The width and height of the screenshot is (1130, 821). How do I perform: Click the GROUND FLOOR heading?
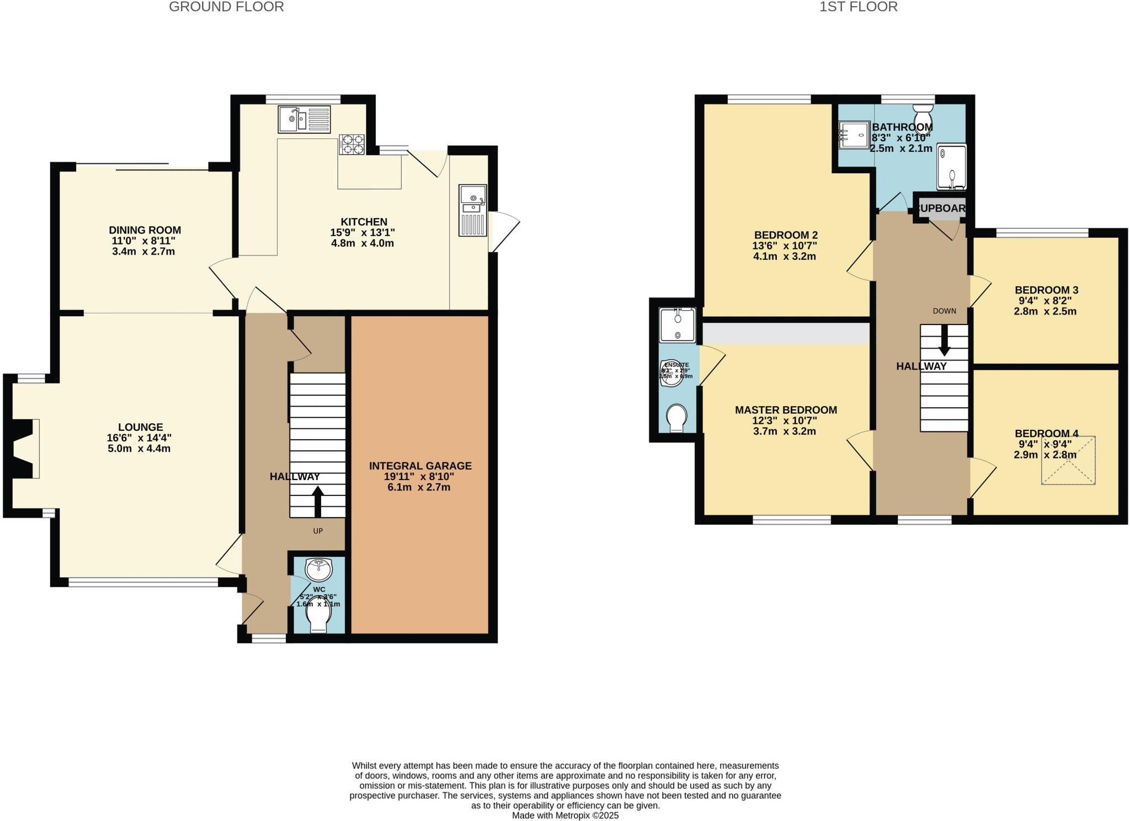coord(226,7)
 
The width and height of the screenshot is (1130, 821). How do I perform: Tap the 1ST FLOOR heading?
coord(858,7)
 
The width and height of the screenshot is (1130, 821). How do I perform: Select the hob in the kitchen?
coord(351,145)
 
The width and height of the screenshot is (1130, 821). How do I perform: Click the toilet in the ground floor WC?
coord(319,620)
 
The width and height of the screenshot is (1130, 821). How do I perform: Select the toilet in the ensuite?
coord(676,418)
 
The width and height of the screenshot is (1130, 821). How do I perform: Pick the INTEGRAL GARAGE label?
coord(420,466)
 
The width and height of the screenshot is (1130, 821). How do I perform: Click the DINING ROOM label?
coord(145,230)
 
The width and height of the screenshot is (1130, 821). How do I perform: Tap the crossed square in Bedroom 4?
coord(1068,460)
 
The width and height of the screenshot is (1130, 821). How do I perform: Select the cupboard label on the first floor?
coord(941,209)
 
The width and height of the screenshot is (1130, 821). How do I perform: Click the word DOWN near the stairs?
coord(944,311)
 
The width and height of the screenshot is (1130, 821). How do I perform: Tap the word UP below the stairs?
coord(318,531)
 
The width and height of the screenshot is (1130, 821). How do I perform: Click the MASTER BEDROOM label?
coord(785,410)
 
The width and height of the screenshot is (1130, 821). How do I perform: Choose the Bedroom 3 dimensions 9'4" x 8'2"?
coord(1044,301)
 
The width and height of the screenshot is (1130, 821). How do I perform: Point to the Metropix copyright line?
coord(565,815)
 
